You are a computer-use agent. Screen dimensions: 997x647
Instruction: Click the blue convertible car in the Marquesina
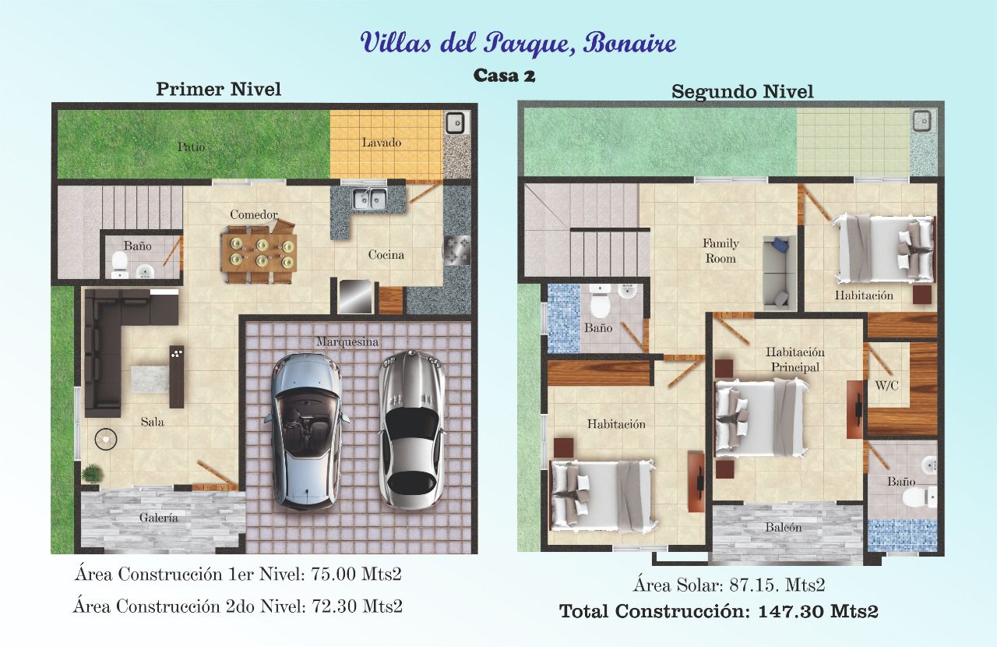[x=307, y=432]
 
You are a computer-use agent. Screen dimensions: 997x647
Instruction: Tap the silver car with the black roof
[x=412, y=430]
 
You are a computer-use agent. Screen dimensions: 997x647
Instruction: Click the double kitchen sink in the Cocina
[x=369, y=198]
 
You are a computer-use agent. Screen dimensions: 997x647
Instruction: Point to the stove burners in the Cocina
[x=456, y=249]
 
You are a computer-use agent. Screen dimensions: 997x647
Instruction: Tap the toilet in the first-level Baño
[x=119, y=264]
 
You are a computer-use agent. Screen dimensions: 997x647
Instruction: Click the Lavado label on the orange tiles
[x=382, y=143]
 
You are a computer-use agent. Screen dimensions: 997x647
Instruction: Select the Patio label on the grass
[x=192, y=147]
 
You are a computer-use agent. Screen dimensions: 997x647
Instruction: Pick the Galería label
[x=158, y=518]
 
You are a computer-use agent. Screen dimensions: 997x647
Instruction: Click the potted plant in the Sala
[x=92, y=473]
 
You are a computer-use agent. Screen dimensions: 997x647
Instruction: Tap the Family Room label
[x=720, y=251]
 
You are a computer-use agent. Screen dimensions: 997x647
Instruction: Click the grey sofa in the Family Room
[x=779, y=272]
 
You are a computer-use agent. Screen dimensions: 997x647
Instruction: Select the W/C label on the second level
[x=887, y=385]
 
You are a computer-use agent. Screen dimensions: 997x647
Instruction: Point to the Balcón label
[x=784, y=528]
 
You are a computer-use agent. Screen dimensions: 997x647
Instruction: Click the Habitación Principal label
[x=795, y=359]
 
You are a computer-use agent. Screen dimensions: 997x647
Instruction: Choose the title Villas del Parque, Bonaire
[x=518, y=44]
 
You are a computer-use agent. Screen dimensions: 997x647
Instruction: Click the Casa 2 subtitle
[x=504, y=76]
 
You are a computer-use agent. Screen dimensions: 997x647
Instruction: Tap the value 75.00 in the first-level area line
[x=333, y=575]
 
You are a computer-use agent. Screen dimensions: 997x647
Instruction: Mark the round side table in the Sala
[x=106, y=439]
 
